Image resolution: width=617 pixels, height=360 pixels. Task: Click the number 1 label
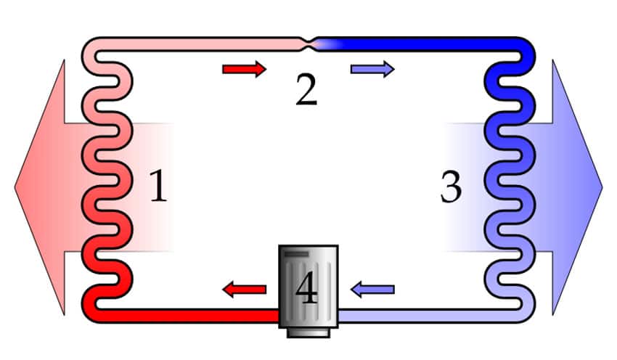tap(158, 185)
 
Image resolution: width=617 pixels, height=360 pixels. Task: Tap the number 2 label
tap(306, 89)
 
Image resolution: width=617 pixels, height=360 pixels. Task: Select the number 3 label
tap(451, 187)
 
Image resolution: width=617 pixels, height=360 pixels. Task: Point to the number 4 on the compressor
tap(306, 289)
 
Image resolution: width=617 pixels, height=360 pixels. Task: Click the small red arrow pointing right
tap(245, 69)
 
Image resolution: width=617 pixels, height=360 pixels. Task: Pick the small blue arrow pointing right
tap(372, 69)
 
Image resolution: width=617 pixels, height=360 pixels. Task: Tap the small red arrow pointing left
tap(245, 290)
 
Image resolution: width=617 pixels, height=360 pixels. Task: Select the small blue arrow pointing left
tap(372, 290)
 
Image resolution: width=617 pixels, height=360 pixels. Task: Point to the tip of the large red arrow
tap(15, 187)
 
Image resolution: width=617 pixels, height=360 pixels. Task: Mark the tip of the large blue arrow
tap(602, 187)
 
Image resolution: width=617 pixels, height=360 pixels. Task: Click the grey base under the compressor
tap(308, 333)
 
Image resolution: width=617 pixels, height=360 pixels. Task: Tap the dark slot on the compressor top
tap(296, 254)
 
